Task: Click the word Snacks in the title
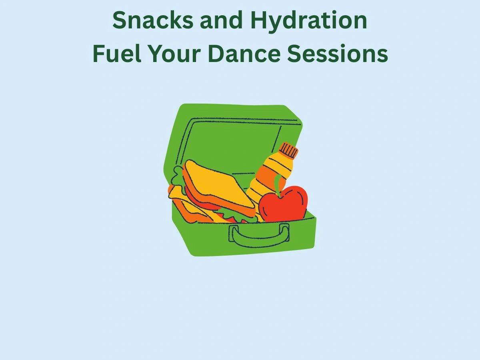[153, 20]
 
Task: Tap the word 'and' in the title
[221, 20]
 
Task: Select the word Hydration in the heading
[309, 22]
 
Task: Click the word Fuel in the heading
[117, 53]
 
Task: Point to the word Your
[174, 54]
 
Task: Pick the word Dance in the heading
[244, 53]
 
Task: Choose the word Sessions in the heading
[338, 54]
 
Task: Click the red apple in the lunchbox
[283, 204]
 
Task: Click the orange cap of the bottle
[289, 150]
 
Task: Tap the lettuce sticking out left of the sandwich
[177, 177]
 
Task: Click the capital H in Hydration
[260, 20]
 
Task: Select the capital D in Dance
[217, 54]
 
